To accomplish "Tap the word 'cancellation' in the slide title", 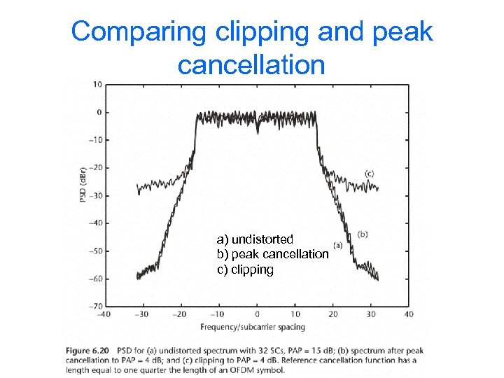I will click(x=251, y=64).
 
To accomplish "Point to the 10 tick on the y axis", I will click(x=97, y=85).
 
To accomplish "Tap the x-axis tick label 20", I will click(x=333, y=314).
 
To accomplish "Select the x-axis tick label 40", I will click(x=409, y=314).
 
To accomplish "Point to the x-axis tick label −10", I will click(x=218, y=314).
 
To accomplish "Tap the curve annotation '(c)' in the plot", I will click(x=370, y=173).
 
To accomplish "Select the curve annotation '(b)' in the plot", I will click(x=363, y=234).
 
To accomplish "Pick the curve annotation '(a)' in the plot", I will click(x=337, y=245).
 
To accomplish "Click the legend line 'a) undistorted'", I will click(x=255, y=240).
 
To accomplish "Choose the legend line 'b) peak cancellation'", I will click(x=272, y=254).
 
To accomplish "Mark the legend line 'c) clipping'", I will click(x=245, y=269).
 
